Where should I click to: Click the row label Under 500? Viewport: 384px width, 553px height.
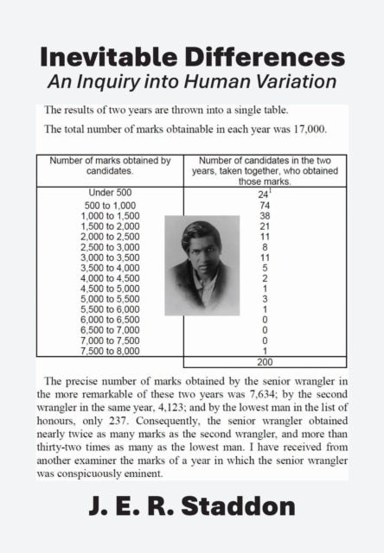pyautogui.click(x=110, y=192)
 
